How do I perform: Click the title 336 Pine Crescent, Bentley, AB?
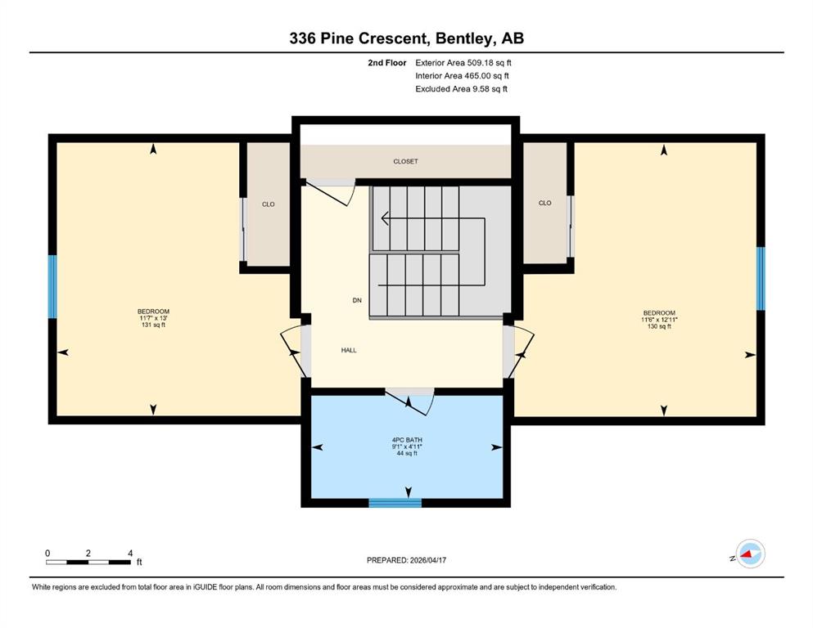[x=406, y=38]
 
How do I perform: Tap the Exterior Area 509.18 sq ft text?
[x=463, y=63]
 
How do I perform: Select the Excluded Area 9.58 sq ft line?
[x=461, y=88]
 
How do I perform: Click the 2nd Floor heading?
[x=386, y=63]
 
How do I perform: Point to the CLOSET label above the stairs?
[x=405, y=162]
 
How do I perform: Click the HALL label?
[x=349, y=351]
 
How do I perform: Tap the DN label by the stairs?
[x=357, y=300]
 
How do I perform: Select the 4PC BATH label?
[x=407, y=440]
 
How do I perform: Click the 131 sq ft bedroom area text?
[x=153, y=325]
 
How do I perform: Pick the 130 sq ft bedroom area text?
[x=659, y=327]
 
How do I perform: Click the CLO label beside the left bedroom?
[x=268, y=204]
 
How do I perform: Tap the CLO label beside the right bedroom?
[x=545, y=203]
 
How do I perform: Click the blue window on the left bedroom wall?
[x=52, y=287]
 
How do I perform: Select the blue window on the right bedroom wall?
[x=761, y=279]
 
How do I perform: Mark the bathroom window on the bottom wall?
[x=395, y=503]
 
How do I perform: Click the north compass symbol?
[x=750, y=554]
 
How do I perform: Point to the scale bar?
[x=88, y=562]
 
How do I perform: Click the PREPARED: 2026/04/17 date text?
[x=406, y=560]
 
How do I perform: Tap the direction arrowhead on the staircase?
[x=385, y=218]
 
